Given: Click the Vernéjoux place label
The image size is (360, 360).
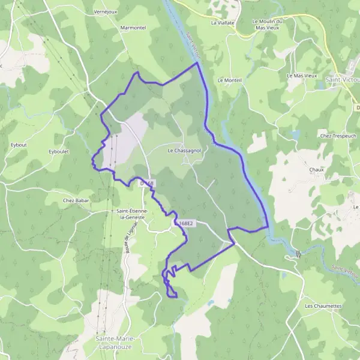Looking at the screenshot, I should (x=106, y=11).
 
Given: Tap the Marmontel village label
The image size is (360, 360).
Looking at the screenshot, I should (x=133, y=28).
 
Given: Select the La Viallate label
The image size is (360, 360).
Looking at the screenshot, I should (x=223, y=22).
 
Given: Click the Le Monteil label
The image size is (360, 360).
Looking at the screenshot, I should (x=229, y=80).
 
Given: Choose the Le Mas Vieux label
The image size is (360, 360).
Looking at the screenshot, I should (x=302, y=76).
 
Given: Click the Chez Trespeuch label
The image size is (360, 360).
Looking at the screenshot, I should (x=338, y=136).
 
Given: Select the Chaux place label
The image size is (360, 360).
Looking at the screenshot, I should (x=316, y=170).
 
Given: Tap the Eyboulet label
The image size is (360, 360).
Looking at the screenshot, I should (x=60, y=152).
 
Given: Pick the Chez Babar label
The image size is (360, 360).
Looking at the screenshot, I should (x=76, y=200).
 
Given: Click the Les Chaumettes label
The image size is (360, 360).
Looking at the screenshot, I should (x=323, y=306).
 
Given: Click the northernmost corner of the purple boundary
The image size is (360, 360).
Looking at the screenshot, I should (x=197, y=62).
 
